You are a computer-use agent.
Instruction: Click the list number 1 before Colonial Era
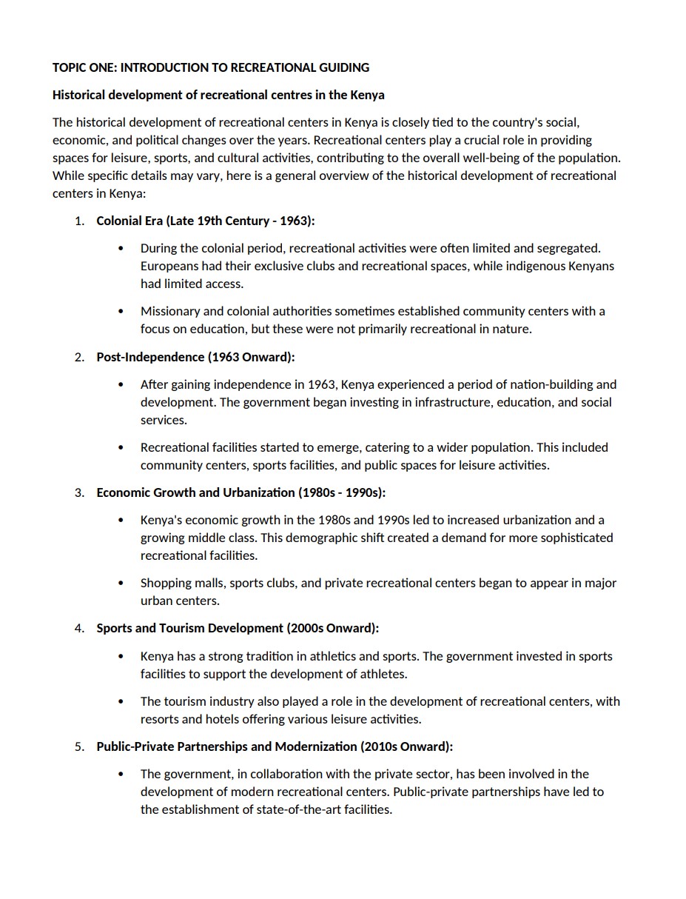[x=79, y=221]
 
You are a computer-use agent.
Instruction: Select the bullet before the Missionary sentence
[x=121, y=311]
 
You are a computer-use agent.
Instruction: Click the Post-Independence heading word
[x=150, y=357]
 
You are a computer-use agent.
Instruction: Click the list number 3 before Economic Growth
[x=79, y=492]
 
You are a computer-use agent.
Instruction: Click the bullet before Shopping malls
[x=121, y=583]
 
